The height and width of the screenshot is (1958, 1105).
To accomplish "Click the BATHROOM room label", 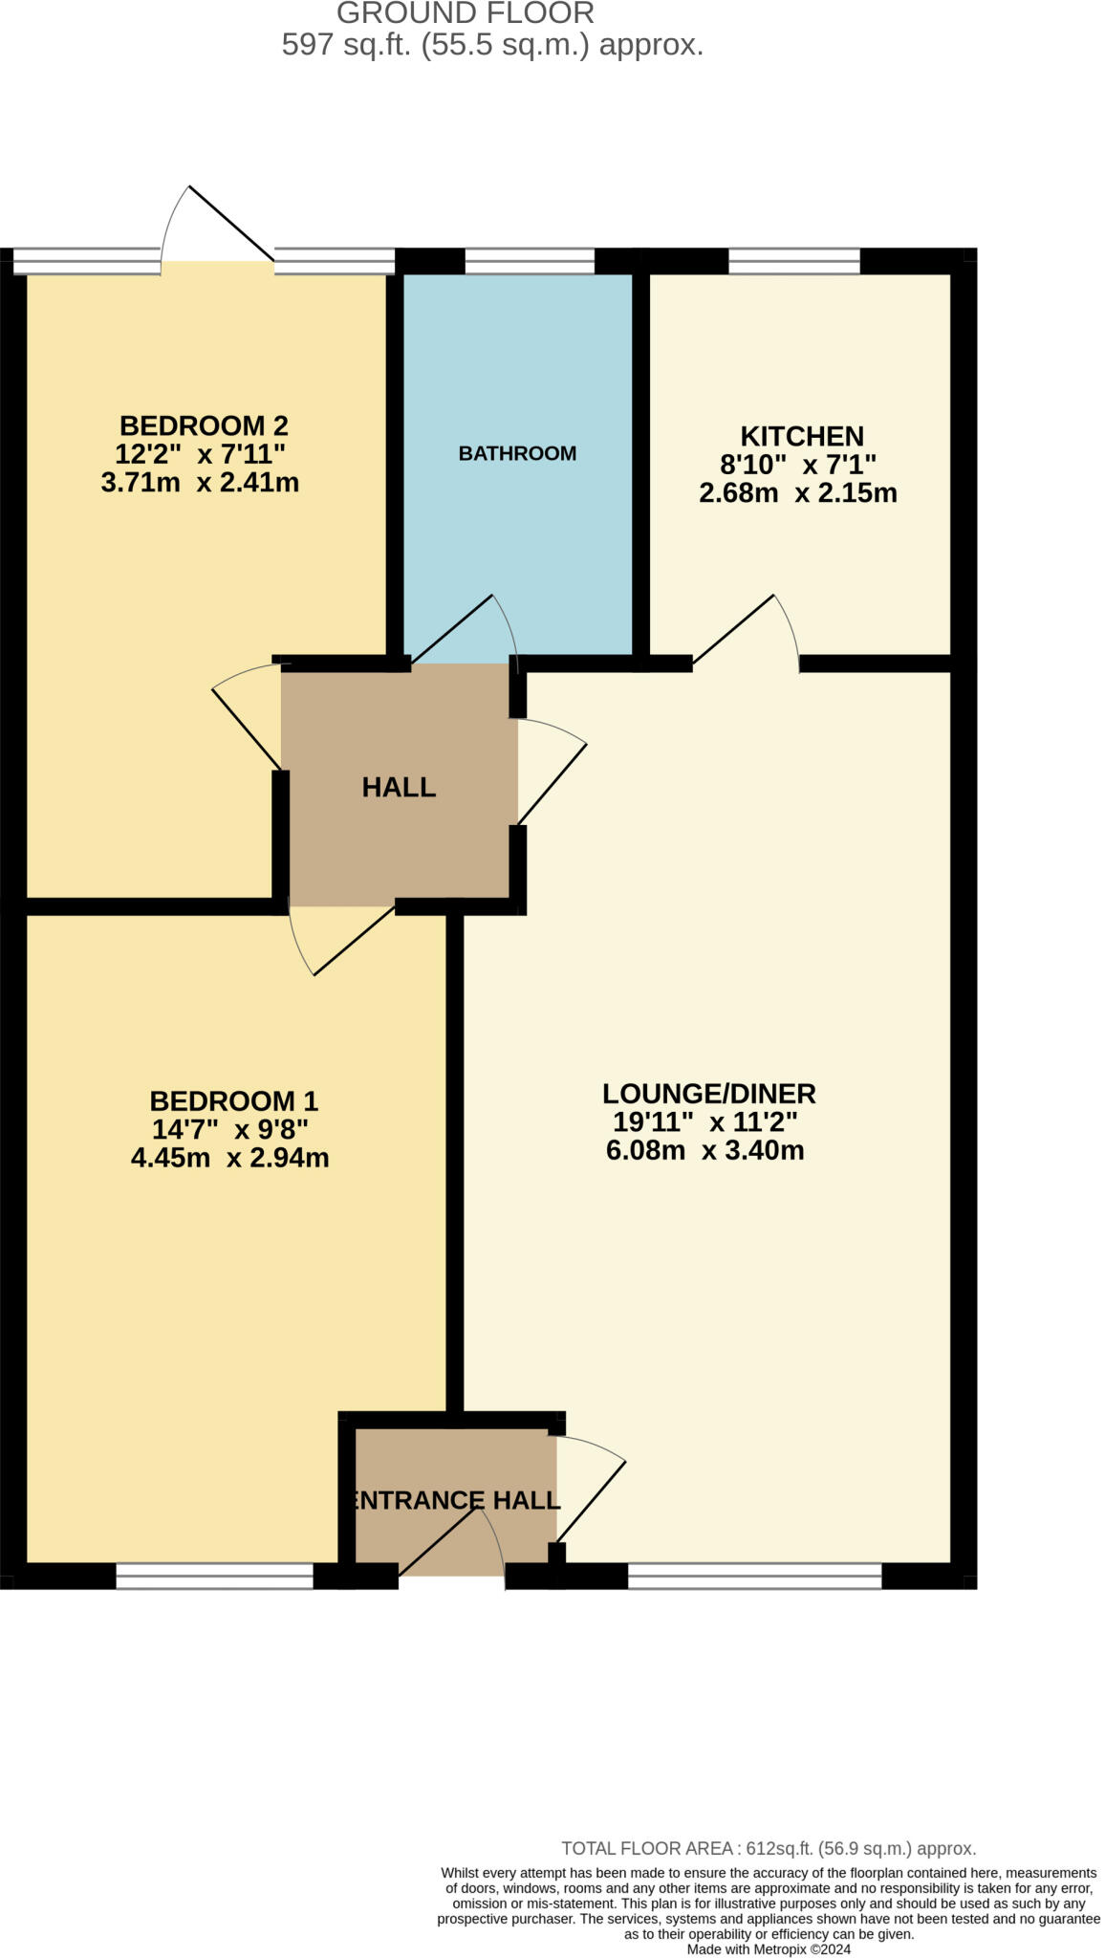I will click(517, 453).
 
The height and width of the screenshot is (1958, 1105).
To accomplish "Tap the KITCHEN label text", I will click(801, 436).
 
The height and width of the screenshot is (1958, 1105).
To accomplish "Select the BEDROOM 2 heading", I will click(204, 424).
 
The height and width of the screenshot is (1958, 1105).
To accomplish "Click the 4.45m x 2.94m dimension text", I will click(229, 1158).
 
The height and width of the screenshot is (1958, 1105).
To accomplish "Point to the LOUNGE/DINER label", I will click(708, 1093).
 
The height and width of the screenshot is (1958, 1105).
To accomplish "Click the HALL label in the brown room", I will click(399, 787).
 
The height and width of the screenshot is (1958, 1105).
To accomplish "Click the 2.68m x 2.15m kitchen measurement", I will click(797, 493).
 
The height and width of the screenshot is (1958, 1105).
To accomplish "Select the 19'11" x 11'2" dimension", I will click(705, 1121).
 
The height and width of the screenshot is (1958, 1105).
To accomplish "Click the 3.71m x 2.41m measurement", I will click(200, 482).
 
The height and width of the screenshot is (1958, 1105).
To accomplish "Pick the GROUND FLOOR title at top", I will click(466, 13).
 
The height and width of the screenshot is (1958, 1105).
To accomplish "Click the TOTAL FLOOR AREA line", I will click(768, 1848).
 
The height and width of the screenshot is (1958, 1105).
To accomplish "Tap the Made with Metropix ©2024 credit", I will click(769, 1948).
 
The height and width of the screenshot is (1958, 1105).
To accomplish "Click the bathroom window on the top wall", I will click(530, 260).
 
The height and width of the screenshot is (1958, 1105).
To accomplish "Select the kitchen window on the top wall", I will click(793, 260).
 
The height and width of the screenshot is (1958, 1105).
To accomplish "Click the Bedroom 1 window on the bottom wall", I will click(214, 1577).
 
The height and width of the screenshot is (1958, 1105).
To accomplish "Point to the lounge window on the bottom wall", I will click(754, 1577).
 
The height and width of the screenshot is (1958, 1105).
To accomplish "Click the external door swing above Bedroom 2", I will click(218, 225).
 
